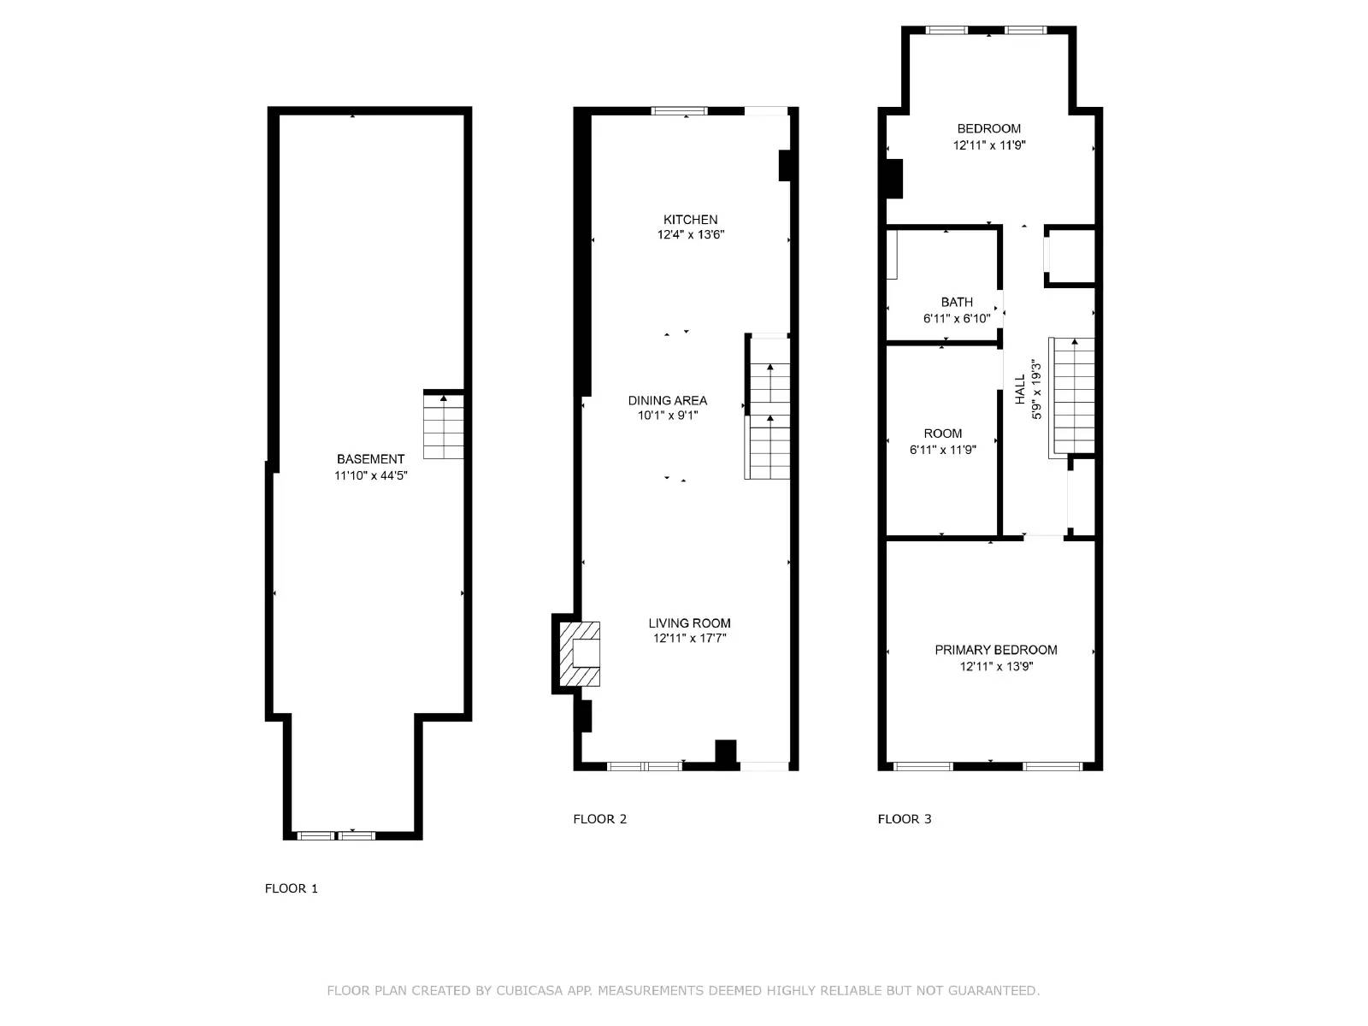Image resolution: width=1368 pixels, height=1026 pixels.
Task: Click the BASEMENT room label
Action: click(370, 459)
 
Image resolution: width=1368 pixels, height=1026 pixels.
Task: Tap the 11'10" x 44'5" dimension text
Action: click(370, 475)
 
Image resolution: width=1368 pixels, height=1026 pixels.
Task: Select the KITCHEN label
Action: click(690, 220)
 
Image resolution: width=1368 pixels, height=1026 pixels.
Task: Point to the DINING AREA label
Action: click(667, 400)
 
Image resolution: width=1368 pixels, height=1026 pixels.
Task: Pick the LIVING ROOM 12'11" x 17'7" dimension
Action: click(689, 638)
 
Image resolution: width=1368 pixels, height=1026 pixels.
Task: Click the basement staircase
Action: click(444, 426)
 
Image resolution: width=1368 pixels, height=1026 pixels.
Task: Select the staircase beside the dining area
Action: click(769, 409)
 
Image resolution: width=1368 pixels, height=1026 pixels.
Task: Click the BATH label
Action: click(957, 302)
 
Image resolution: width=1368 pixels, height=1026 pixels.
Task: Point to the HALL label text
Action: click(1020, 389)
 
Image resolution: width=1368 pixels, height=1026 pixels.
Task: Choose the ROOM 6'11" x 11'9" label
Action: click(942, 441)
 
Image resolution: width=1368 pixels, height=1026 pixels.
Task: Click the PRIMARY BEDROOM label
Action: click(995, 650)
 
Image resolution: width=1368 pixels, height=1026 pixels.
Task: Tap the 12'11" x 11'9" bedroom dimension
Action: click(989, 145)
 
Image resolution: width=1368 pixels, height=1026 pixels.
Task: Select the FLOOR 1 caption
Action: click(291, 888)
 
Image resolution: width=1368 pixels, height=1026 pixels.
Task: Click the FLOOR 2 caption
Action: click(599, 819)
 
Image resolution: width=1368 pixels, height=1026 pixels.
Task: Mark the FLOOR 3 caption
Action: click(905, 819)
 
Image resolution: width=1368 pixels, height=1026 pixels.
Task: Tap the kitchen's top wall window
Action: click(680, 110)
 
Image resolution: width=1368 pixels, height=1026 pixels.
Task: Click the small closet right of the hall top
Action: click(1071, 256)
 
